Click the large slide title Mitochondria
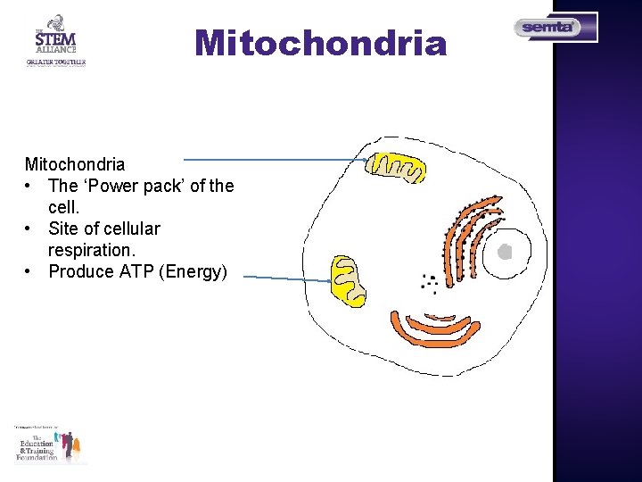[x=320, y=43]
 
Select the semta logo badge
[x=555, y=28]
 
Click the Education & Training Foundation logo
[x=50, y=445]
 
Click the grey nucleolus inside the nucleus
[x=505, y=252]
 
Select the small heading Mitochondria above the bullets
[x=75, y=164]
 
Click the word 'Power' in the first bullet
[x=118, y=186]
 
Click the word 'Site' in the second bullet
[x=63, y=229]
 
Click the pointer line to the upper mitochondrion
[x=303, y=160]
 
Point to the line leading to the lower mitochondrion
[x=285, y=279]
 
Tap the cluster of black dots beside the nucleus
[x=429, y=283]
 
